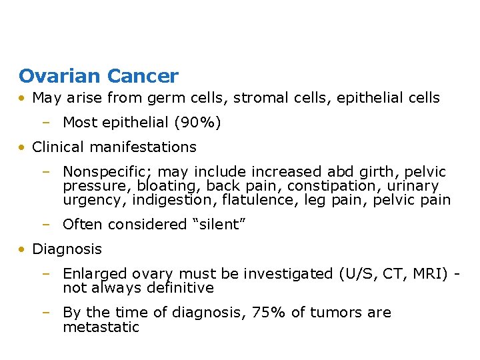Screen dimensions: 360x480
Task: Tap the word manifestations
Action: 147,147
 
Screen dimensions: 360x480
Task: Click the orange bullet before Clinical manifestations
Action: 23,147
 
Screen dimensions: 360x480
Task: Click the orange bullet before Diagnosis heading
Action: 23,249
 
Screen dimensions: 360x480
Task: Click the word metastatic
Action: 101,327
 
